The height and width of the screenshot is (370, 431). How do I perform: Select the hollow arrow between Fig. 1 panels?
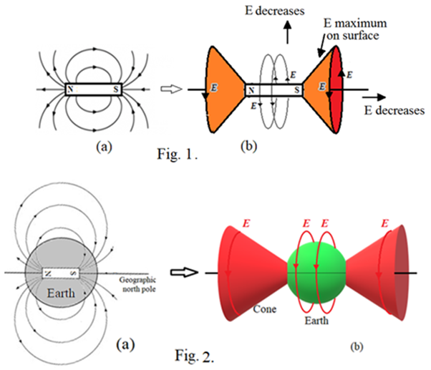[170, 89]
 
